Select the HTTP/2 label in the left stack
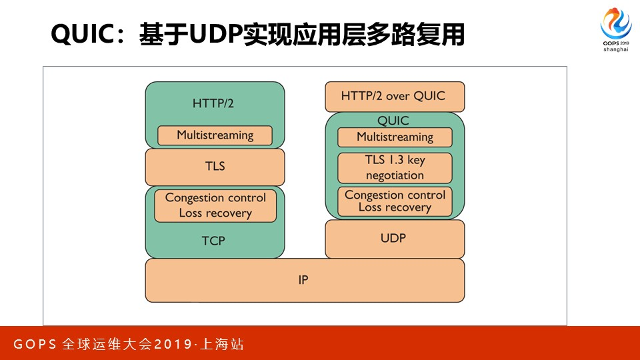[213, 103]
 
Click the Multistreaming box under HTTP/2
[215, 135]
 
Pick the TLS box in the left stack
[215, 167]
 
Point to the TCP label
[213, 241]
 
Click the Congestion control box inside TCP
[215, 205]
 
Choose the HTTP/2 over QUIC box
[393, 96]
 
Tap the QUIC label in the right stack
[393, 121]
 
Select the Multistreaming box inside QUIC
[395, 137]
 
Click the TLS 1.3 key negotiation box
[395, 168]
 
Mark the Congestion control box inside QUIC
[395, 201]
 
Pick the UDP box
[394, 238]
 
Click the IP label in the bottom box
[303, 280]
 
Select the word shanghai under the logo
[615, 49]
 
